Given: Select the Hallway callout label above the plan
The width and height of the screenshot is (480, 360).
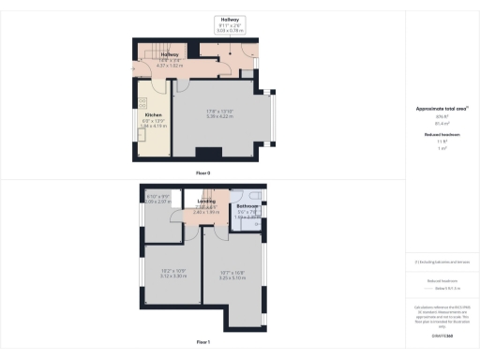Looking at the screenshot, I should coord(230,19).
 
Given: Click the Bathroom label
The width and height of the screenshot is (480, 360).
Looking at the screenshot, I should coord(247,206).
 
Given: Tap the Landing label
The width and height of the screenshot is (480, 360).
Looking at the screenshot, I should coord(206,202).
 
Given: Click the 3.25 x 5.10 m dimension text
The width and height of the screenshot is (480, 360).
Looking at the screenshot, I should coord(232,277).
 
